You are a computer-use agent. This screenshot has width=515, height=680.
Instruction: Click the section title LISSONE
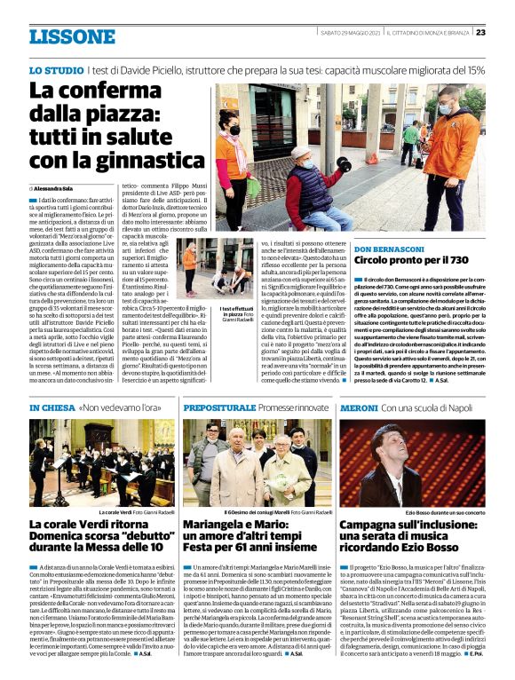(72, 36)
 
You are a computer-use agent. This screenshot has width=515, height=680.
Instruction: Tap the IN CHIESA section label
(51, 407)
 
